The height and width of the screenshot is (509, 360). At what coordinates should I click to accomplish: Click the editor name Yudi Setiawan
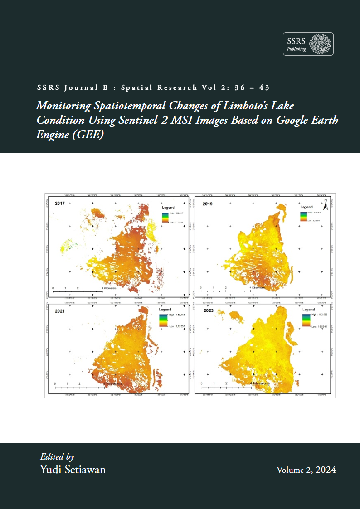(73, 470)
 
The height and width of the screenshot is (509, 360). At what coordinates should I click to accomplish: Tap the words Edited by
(57, 456)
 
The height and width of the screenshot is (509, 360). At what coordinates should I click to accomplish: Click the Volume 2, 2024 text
(306, 470)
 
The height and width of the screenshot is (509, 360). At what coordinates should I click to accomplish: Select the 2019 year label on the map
(208, 204)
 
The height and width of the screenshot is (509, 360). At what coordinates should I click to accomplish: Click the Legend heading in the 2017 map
(168, 207)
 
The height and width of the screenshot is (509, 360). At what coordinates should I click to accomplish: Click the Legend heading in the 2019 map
(306, 207)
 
